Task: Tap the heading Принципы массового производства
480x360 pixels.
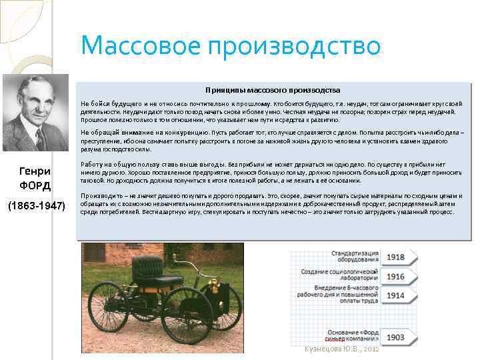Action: [x=273, y=90]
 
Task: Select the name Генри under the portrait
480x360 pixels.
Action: [x=35, y=171]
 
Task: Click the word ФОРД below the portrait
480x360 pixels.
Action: [x=35, y=185]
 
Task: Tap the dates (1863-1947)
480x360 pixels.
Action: [x=36, y=206]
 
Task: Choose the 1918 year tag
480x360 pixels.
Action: [x=395, y=257]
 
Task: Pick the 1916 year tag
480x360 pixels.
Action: [x=395, y=276]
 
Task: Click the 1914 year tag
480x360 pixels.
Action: [x=395, y=295]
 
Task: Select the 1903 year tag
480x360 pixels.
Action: [x=395, y=337]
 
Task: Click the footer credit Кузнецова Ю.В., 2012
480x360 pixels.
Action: [x=341, y=349]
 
